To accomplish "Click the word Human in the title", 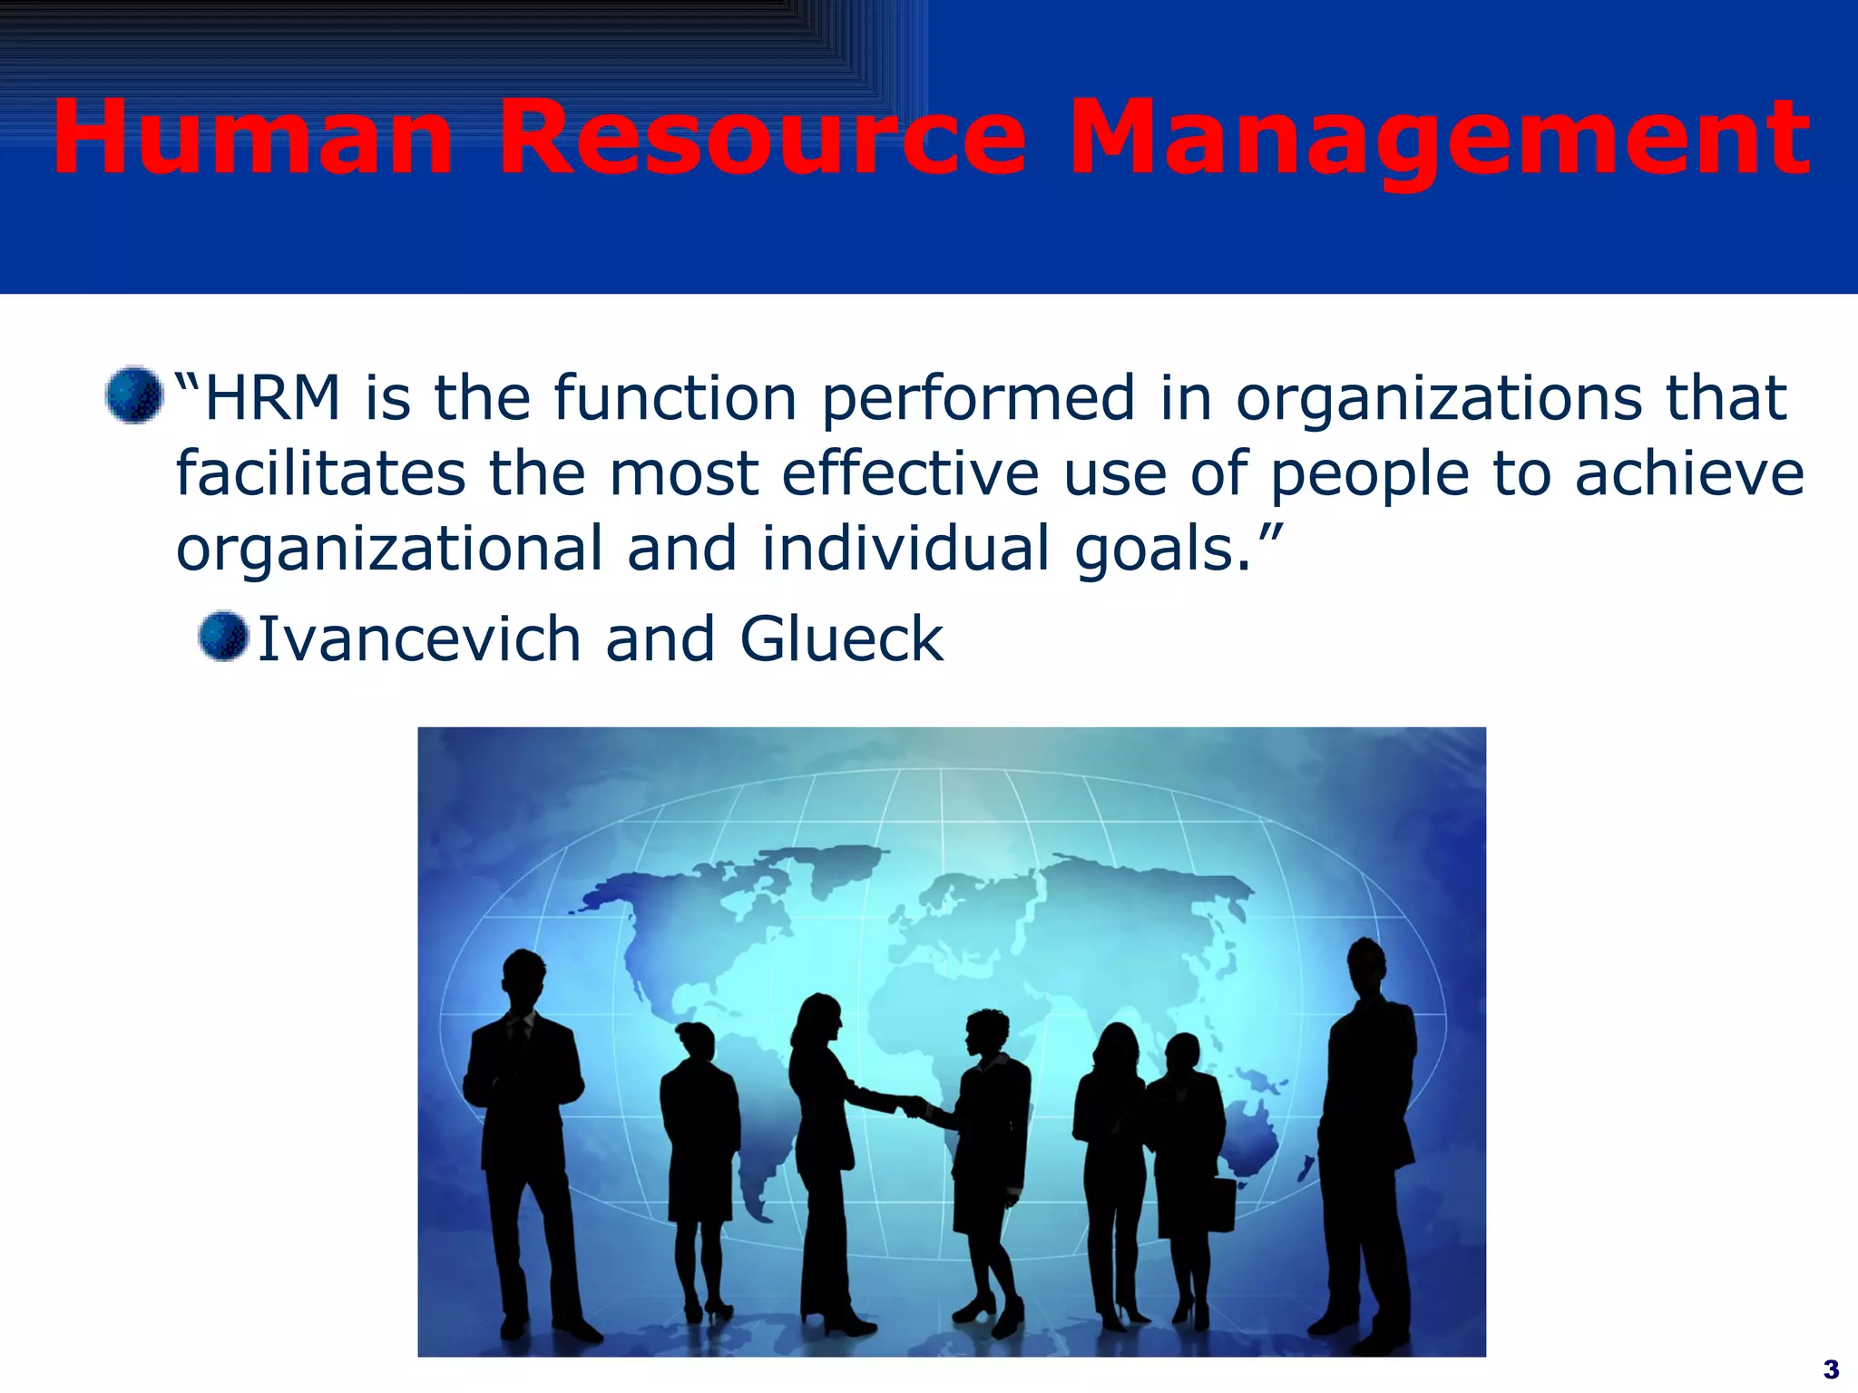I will click(x=252, y=138).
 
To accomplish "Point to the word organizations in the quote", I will click(x=1439, y=398).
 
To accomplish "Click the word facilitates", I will click(x=320, y=473).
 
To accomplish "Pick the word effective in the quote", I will click(x=910, y=473).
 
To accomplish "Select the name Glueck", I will click(x=841, y=639).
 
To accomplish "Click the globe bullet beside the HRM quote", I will click(x=133, y=395).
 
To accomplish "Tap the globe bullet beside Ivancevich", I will click(x=223, y=637).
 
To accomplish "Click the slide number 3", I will click(x=1831, y=1369).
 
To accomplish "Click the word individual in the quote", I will click(x=905, y=550).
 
